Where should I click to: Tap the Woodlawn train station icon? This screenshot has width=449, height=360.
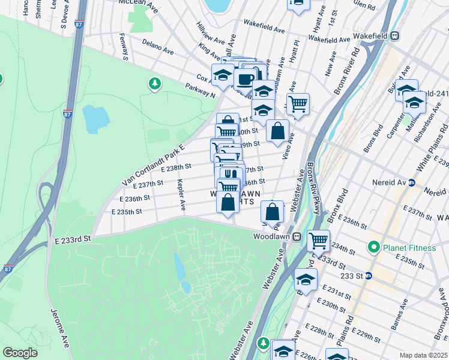[x=297, y=236]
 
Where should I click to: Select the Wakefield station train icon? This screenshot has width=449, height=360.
[x=395, y=35]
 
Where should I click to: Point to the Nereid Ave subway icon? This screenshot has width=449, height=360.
[x=412, y=182]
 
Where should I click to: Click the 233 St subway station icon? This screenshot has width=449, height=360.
[x=369, y=276]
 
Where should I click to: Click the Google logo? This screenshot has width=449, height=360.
[x=20, y=353]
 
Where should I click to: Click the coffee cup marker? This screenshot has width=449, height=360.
[x=244, y=79]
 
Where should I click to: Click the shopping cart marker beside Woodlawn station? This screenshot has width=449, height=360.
[x=318, y=241]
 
